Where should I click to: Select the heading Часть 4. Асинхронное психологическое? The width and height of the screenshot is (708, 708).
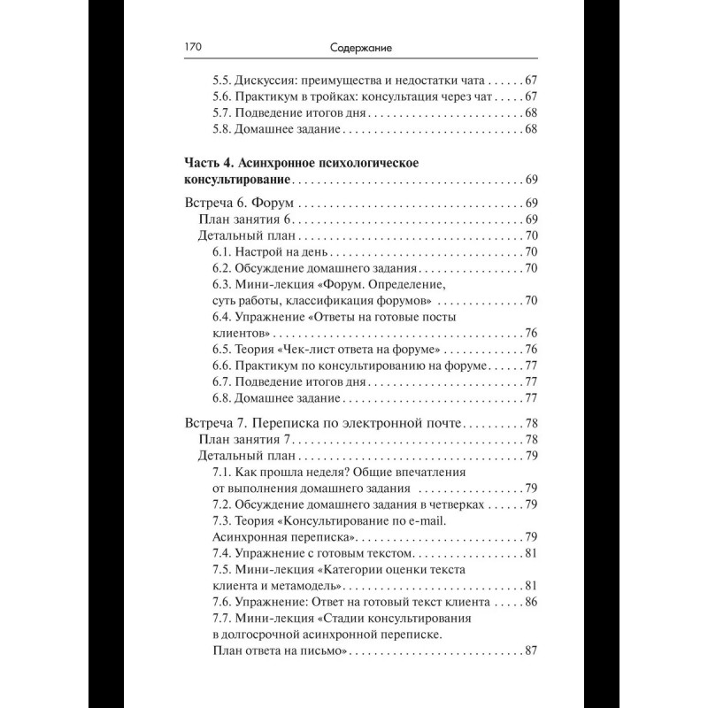coord(301,163)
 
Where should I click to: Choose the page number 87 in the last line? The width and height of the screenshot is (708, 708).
coord(532,652)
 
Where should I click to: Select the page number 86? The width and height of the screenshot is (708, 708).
coord(532,603)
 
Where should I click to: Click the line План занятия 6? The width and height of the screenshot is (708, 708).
coord(242,219)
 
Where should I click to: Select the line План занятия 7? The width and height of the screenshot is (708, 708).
coord(242,440)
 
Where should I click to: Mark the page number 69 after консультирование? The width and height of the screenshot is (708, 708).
coord(532,181)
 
